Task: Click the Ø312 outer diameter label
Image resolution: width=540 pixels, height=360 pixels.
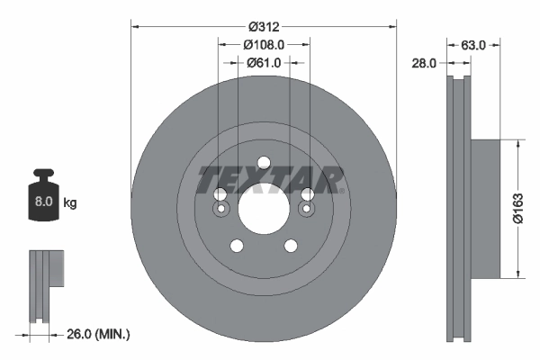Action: pyautogui.click(x=263, y=27)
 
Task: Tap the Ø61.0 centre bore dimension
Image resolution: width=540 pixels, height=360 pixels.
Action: pyautogui.click(x=264, y=62)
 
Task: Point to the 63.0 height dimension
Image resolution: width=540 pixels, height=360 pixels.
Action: pyautogui.click(x=473, y=44)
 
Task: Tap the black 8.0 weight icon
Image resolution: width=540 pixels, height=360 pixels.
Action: pyautogui.click(x=43, y=199)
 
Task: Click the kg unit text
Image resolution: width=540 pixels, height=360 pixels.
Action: pyautogui.click(x=70, y=203)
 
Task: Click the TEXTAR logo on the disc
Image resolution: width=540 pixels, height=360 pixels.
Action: pyautogui.click(x=270, y=180)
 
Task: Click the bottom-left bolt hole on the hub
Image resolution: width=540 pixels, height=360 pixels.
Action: pyautogui.click(x=237, y=246)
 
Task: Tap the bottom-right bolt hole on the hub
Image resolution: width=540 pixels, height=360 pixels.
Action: pyautogui.click(x=291, y=246)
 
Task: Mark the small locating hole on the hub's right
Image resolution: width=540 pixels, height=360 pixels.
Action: pyautogui.click(x=307, y=211)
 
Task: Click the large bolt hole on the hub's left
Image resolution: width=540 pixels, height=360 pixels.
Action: pyautogui.click(x=220, y=194)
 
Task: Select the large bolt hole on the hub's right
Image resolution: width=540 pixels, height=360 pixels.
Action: pyautogui.click(x=307, y=194)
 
